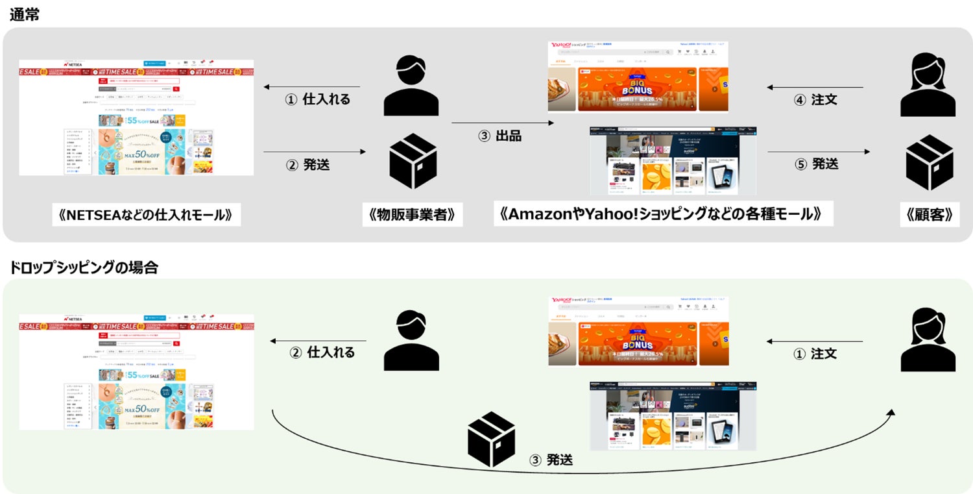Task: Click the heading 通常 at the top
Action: [25, 14]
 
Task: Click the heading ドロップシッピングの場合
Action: [84, 267]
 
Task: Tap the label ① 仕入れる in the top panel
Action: [318, 99]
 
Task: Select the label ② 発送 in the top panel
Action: [307, 164]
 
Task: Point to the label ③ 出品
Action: [499, 136]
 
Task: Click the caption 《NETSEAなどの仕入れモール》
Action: [145, 215]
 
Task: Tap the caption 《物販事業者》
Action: [412, 215]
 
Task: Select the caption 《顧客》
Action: [930, 215]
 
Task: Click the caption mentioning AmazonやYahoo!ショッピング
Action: [662, 214]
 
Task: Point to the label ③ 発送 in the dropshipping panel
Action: [551, 460]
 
